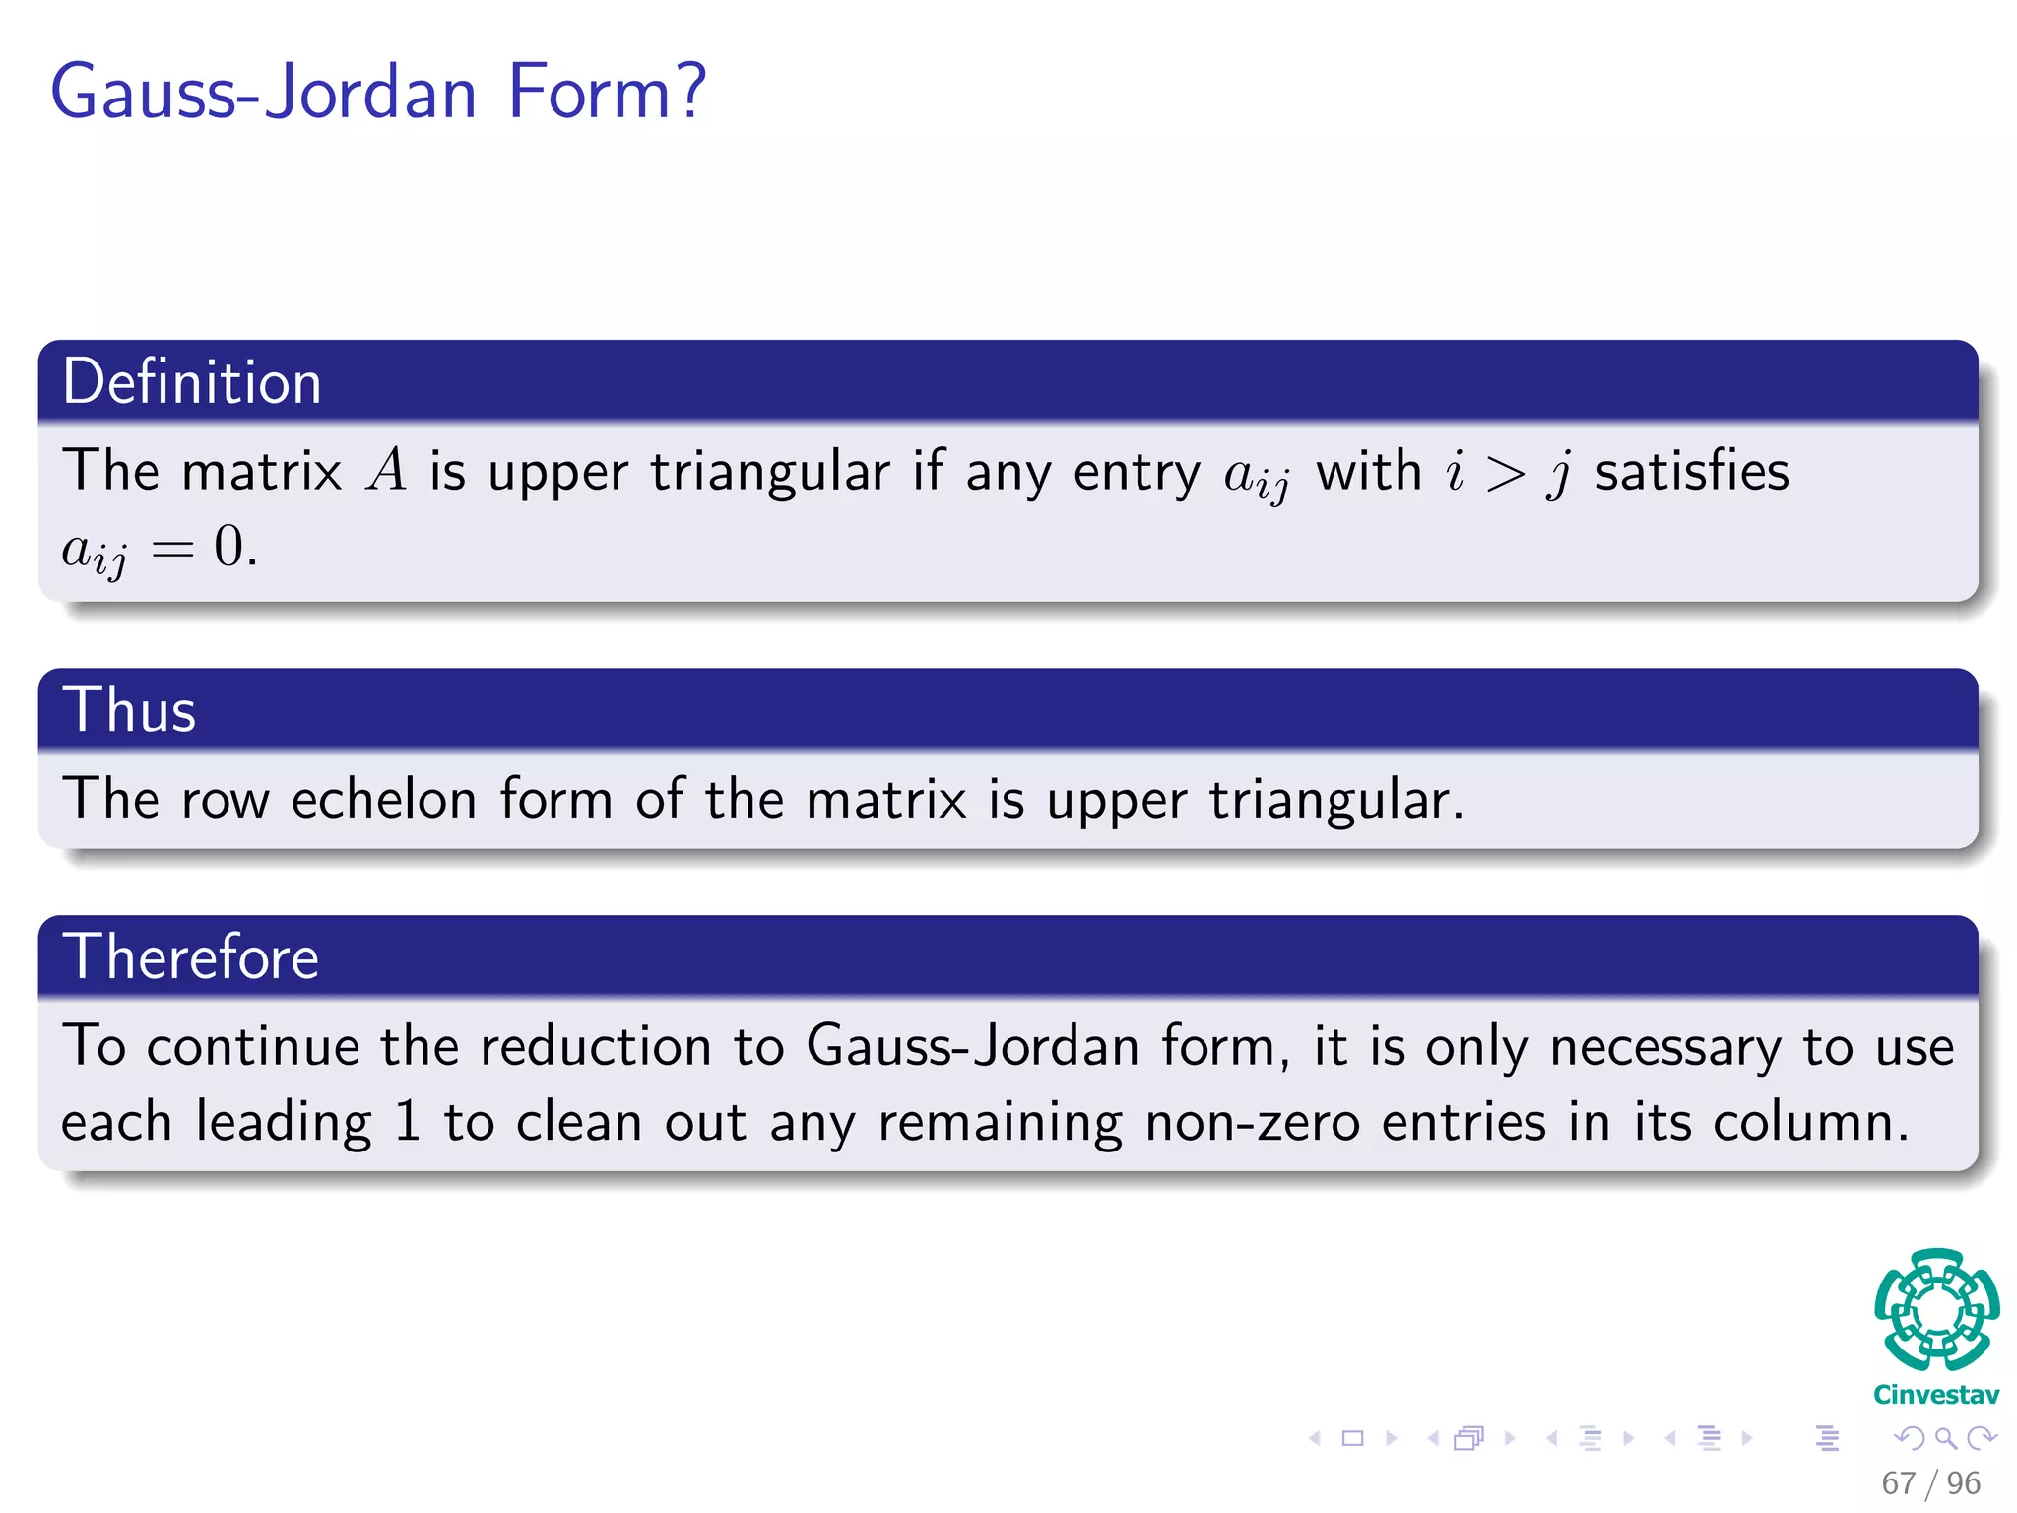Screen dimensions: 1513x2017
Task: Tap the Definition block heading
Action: click(x=192, y=382)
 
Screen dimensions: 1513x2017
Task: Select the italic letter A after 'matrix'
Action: click(x=386, y=470)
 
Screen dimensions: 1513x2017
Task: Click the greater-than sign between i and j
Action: click(x=1505, y=474)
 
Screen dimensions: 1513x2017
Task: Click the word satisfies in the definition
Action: click(x=1691, y=470)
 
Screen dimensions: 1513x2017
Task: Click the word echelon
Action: click(x=384, y=799)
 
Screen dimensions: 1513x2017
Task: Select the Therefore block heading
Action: click(x=191, y=956)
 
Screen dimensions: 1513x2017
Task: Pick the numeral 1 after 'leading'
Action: click(x=407, y=1122)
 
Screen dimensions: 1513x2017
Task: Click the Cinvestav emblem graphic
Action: click(x=1936, y=1309)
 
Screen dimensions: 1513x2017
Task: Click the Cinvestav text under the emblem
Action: click(x=1936, y=1395)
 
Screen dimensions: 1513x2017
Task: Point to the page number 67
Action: click(x=1898, y=1482)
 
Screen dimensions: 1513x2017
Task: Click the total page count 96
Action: click(x=1963, y=1482)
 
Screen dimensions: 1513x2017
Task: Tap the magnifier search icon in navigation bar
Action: click(x=1945, y=1439)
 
